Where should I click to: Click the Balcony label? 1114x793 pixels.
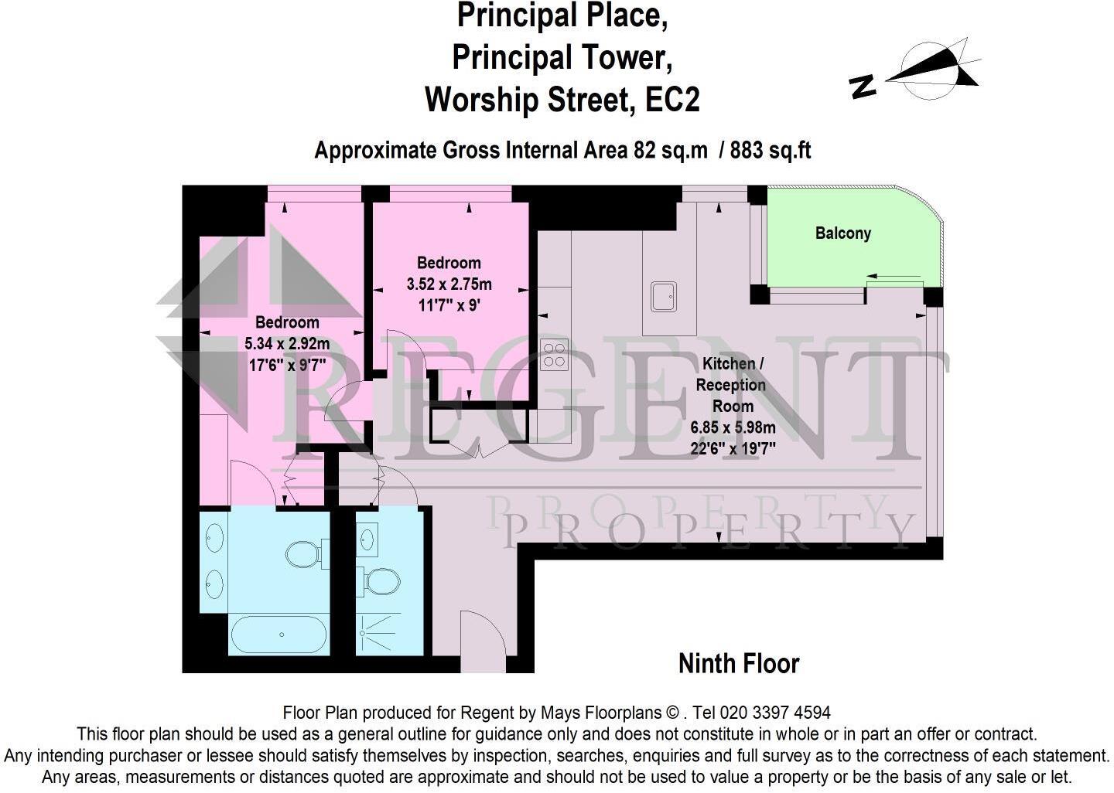coord(843,233)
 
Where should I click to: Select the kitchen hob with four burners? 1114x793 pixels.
coord(554,354)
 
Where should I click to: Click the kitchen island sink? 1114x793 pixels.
coord(664,297)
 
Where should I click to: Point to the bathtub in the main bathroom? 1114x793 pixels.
coord(278,635)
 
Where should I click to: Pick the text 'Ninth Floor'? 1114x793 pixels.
coord(739,663)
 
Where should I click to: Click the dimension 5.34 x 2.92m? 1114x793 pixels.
coord(287,343)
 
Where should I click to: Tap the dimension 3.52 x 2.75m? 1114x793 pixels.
coord(449,284)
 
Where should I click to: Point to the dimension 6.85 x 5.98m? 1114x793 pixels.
coord(733,427)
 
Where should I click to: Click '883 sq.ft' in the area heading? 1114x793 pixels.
coord(771,150)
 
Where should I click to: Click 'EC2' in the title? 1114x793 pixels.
coord(672,100)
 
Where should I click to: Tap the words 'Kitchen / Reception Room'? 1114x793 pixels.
coord(732,385)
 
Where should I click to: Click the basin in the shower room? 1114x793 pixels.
coord(367,539)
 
